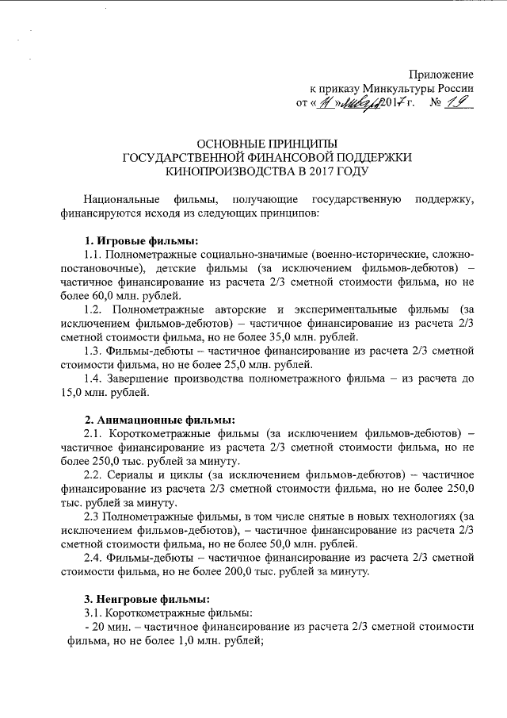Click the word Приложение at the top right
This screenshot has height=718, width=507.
click(x=444, y=73)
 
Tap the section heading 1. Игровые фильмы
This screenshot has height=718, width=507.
click(x=141, y=240)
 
